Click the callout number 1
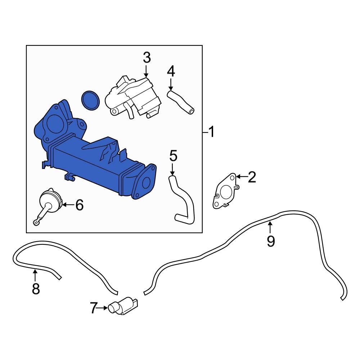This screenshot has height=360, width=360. point(211,132)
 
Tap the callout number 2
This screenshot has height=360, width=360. point(251,177)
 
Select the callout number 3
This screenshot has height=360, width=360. point(147,58)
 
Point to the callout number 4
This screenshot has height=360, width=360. point(171,72)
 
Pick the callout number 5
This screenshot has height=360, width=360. point(173,156)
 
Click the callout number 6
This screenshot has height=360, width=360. point(79,205)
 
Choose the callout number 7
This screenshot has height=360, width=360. point(94,308)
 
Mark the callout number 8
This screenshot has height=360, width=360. point(35,288)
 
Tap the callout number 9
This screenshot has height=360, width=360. point(271,240)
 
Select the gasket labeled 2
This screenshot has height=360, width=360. point(225,191)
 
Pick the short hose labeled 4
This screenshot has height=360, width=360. point(180,102)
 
